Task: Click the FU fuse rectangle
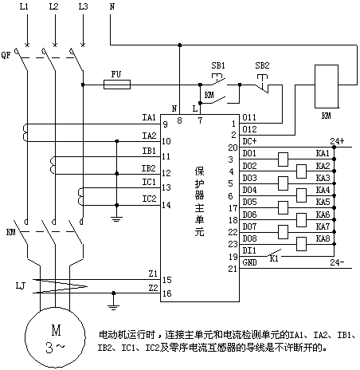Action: click(x=117, y=85)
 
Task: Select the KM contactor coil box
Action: click(x=327, y=86)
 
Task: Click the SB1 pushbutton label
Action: click(x=218, y=65)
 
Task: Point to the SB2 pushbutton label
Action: click(x=262, y=65)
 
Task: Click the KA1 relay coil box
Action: click(x=283, y=159)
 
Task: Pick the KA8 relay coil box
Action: click(x=301, y=244)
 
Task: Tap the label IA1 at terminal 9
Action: click(x=149, y=117)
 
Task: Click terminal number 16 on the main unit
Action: click(x=167, y=293)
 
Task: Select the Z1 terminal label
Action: click(x=153, y=274)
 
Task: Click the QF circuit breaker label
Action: click(x=6, y=55)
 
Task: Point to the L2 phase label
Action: click(x=53, y=6)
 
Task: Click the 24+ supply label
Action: click(x=337, y=141)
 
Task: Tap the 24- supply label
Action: click(x=337, y=262)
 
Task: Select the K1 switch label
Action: click(x=274, y=258)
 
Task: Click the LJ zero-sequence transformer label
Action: click(x=21, y=286)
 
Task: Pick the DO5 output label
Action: click(x=249, y=202)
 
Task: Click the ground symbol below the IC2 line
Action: click(x=117, y=219)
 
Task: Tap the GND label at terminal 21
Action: click(x=249, y=262)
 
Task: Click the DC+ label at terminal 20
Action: click(x=249, y=141)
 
